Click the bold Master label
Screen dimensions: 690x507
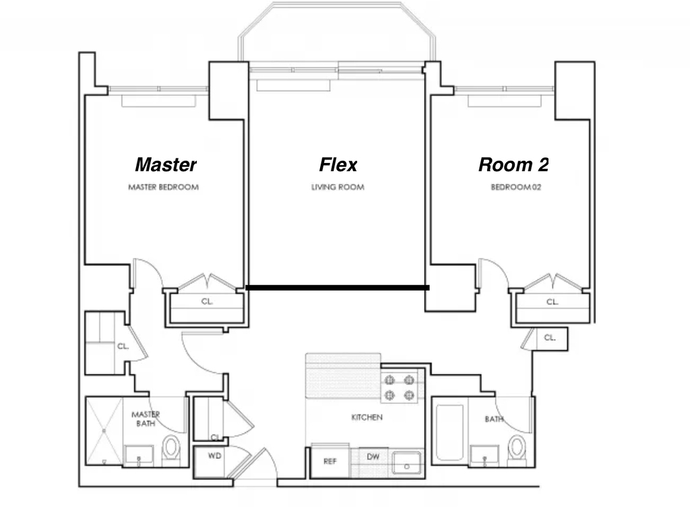[x=166, y=165]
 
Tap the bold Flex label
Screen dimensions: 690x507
[x=338, y=165]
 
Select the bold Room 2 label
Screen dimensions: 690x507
[x=513, y=165]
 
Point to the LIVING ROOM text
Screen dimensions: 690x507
[x=338, y=187]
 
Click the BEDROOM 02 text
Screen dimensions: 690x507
[x=515, y=187]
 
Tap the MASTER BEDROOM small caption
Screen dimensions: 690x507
[x=163, y=187]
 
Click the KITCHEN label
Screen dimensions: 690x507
[x=367, y=417]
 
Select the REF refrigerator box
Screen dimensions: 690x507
[x=330, y=461]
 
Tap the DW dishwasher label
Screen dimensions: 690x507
[x=373, y=457]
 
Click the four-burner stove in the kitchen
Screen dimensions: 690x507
[x=400, y=388]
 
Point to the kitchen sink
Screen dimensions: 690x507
[x=406, y=463]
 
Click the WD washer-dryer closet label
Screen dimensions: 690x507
[x=214, y=456]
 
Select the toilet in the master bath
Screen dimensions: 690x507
[x=171, y=449]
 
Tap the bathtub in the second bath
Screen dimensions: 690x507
[x=449, y=432]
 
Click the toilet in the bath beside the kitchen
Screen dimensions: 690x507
[x=517, y=449]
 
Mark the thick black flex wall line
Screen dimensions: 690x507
[x=338, y=288]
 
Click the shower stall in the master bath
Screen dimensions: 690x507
[x=104, y=431]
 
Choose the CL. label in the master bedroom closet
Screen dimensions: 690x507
[x=208, y=302]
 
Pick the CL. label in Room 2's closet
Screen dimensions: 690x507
[x=553, y=302]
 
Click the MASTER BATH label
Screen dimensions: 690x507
[x=146, y=419]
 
